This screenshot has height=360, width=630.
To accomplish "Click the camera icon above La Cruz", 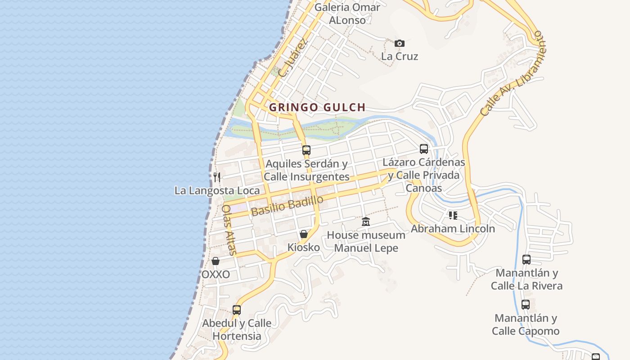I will tap(399, 44).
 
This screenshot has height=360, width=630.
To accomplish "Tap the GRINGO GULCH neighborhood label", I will tap(317, 108).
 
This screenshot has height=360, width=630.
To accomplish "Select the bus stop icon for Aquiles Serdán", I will tap(306, 150).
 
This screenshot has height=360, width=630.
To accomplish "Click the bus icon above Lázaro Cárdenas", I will tap(423, 148).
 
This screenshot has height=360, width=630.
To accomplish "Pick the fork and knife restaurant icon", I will tap(217, 177).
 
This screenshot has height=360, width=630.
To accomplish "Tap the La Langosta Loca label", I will tap(217, 190).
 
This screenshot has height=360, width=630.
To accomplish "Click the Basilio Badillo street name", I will tap(287, 205).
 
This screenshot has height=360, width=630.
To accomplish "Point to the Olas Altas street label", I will tap(229, 230).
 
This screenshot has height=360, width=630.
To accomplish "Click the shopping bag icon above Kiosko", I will tap(304, 234).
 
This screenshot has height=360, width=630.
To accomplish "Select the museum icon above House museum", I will tap(366, 221).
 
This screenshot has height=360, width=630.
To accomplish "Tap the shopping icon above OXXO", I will tap(216, 261).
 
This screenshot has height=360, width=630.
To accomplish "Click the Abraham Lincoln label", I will tap(453, 229).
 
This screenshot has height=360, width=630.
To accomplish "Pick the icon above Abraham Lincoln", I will tap(453, 216).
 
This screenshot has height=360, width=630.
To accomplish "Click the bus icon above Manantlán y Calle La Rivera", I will tap(526, 259).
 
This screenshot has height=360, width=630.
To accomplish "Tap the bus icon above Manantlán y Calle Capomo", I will tap(525, 304).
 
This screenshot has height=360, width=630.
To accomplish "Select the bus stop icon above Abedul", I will tap(237, 310).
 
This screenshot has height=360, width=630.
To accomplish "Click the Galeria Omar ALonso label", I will tap(347, 13).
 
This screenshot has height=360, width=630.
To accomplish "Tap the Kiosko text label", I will tap(304, 247).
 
